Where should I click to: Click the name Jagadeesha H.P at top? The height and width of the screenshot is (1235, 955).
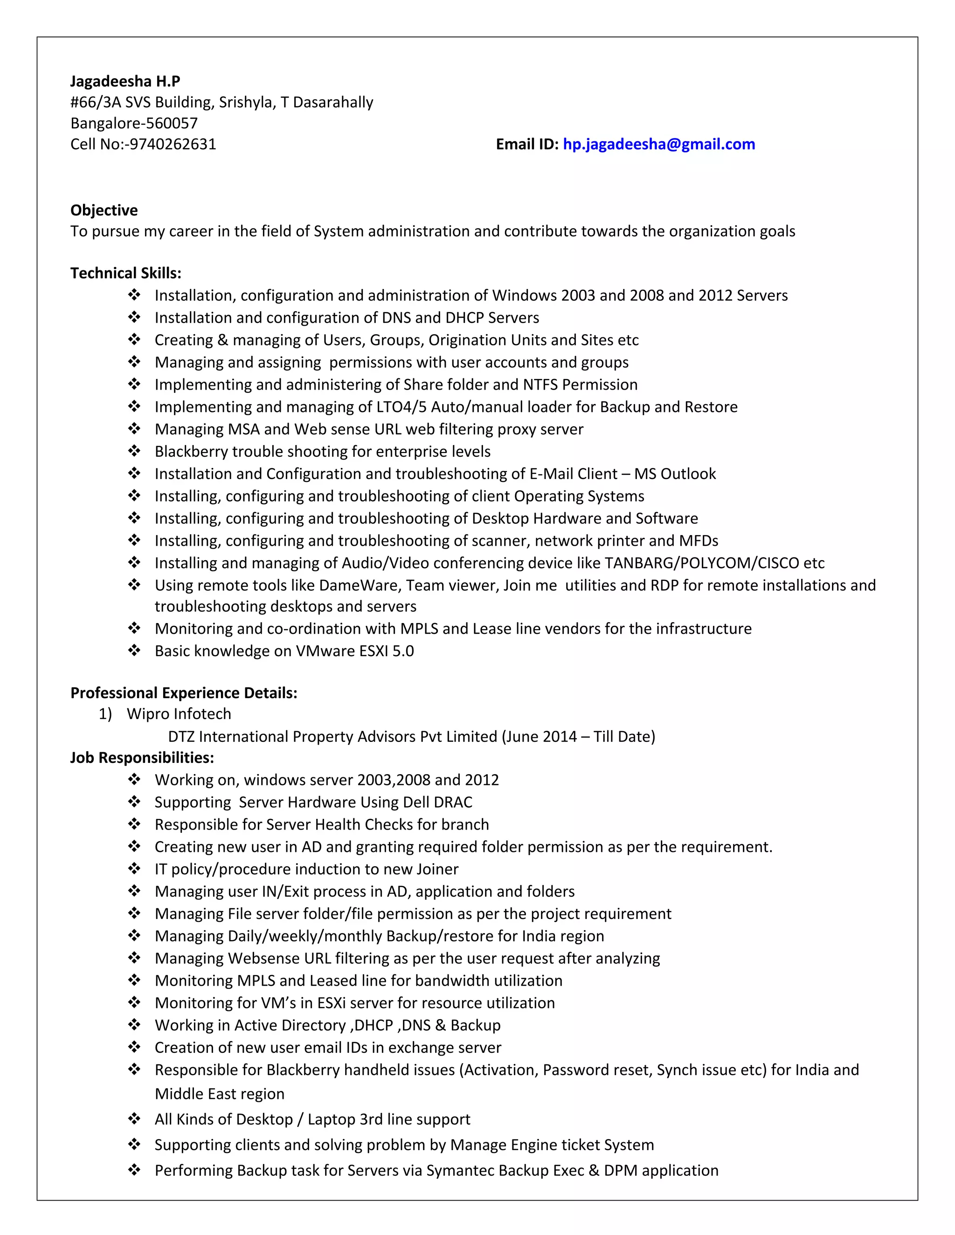pyautogui.click(x=125, y=82)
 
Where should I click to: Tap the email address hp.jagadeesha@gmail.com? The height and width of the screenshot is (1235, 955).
pyautogui.click(x=658, y=144)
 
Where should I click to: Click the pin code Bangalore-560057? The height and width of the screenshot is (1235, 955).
pyautogui.click(x=134, y=123)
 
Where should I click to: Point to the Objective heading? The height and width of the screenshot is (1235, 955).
pyautogui.click(x=104, y=210)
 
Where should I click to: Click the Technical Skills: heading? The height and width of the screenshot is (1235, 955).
pyautogui.click(x=125, y=273)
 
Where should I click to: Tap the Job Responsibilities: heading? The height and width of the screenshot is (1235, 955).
pyautogui.click(x=142, y=758)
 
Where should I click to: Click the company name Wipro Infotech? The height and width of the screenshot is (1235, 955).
pyautogui.click(x=179, y=714)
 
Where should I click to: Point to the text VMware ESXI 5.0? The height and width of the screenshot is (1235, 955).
pyautogui.click(x=355, y=652)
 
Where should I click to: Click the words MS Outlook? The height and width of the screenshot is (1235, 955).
pyautogui.click(x=674, y=474)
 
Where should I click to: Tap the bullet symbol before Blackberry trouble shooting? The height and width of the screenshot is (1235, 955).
pyautogui.click(x=134, y=451)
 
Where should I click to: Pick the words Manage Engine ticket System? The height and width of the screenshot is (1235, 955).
pyautogui.click(x=552, y=1145)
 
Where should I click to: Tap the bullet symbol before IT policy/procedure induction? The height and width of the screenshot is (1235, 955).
pyautogui.click(x=134, y=869)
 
